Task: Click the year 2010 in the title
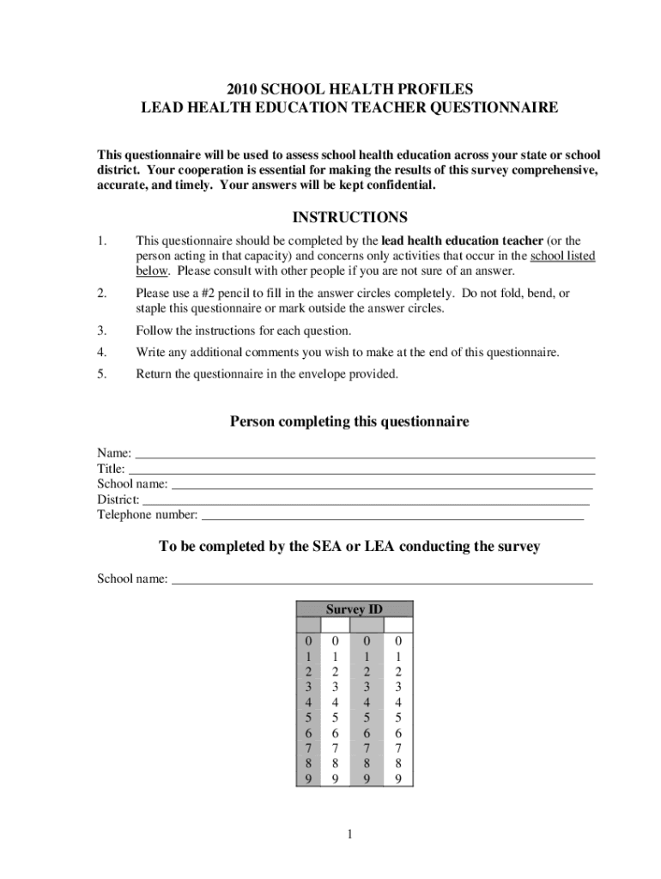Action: (x=243, y=89)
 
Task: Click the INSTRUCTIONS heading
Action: (x=349, y=217)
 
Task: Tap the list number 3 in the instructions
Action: (x=101, y=330)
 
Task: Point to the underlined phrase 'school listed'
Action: (x=563, y=256)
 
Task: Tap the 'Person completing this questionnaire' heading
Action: (x=349, y=421)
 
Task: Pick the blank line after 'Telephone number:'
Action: (x=391, y=517)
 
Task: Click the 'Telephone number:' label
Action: (x=147, y=515)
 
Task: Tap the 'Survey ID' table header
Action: (x=354, y=609)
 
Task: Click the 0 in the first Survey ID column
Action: (x=307, y=641)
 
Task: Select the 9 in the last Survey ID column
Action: (x=397, y=779)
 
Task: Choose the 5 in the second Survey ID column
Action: (x=336, y=718)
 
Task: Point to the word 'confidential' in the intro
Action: (x=397, y=185)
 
